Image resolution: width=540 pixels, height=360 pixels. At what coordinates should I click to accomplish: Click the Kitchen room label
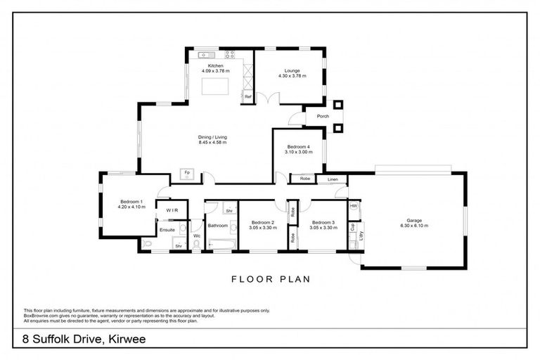(215, 66)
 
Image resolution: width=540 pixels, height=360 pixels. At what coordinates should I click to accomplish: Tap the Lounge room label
(292, 70)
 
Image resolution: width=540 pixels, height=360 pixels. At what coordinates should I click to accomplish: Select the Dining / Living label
(212, 137)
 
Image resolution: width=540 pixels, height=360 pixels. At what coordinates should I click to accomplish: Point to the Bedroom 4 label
(298, 147)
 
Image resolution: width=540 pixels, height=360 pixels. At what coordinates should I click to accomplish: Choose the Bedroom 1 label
(131, 202)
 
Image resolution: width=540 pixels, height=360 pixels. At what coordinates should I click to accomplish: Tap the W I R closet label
(171, 210)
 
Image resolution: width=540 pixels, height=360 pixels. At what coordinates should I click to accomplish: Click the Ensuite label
(167, 229)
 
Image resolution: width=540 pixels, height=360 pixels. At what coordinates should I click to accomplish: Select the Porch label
(323, 117)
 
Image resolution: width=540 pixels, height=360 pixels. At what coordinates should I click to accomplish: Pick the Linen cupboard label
(333, 180)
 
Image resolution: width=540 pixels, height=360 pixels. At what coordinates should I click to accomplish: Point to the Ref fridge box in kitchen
(247, 97)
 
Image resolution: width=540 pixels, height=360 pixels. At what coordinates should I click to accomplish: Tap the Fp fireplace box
(186, 173)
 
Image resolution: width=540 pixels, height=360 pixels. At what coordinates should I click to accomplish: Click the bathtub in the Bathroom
(221, 245)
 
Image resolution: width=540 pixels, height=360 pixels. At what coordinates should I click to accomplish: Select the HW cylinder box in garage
(354, 206)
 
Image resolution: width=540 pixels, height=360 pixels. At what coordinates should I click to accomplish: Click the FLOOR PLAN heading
(271, 279)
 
